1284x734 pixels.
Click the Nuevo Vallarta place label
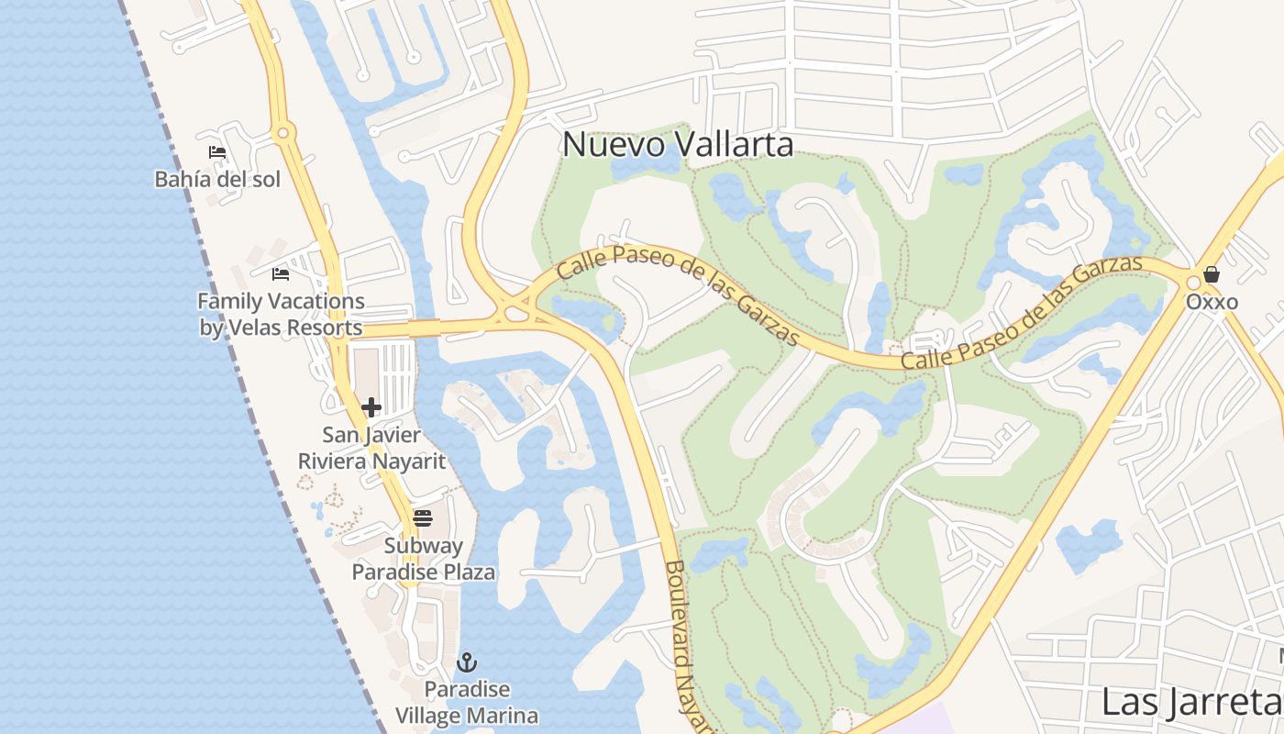tap(678, 144)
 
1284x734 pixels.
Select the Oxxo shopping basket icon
tap(1212, 273)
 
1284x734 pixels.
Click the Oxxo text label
tap(1212, 302)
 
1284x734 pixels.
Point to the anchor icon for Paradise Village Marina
tap(468, 662)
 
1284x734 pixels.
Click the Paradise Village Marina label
tap(467, 702)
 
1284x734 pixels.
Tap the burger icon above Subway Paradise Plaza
tap(423, 518)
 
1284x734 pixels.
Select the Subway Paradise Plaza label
tap(424, 559)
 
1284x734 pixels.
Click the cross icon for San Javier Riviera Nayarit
tap(371, 407)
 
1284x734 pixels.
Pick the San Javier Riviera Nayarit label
tap(371, 448)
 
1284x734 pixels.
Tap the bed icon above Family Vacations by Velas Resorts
tap(281, 273)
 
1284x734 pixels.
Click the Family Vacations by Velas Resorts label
tap(281, 314)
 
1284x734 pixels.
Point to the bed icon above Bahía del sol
tap(217, 152)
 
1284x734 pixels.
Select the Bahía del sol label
tap(217, 179)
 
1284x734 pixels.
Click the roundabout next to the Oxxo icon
tap(1193, 283)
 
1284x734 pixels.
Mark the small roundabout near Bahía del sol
tap(283, 134)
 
